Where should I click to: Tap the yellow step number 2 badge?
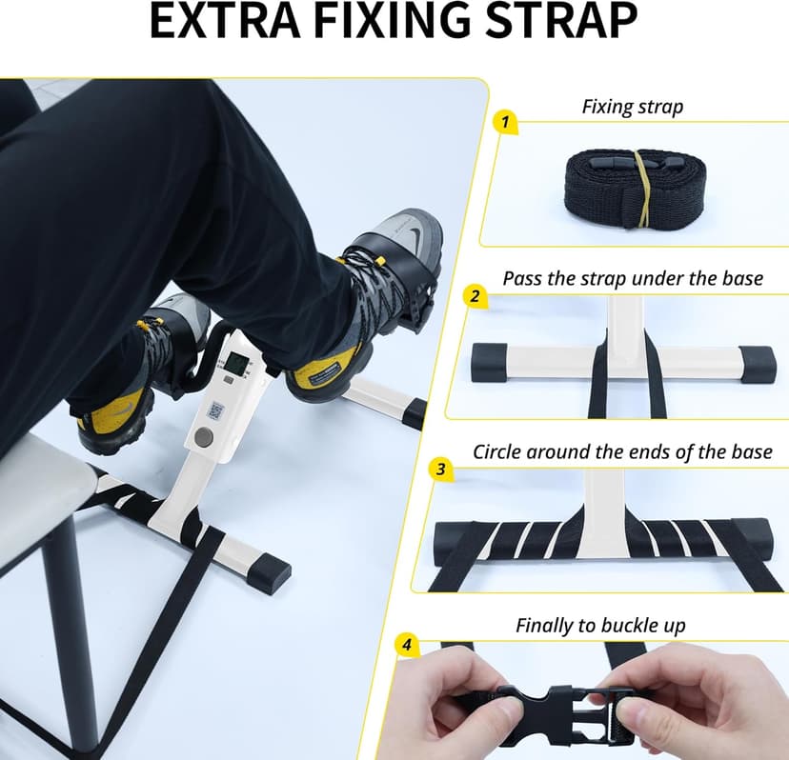pos(474,295)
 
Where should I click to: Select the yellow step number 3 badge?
pos(440,469)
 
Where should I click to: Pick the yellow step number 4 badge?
pos(407,645)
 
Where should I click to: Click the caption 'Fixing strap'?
pos(632,107)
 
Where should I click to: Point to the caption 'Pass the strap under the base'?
pos(633,278)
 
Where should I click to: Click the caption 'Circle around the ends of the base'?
pos(622,451)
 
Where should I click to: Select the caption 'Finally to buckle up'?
pos(600,626)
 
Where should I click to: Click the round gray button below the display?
pos(202,437)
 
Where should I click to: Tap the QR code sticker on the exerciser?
pos(215,410)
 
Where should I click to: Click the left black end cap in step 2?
pos(493,363)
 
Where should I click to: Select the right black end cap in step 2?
pos(758,364)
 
